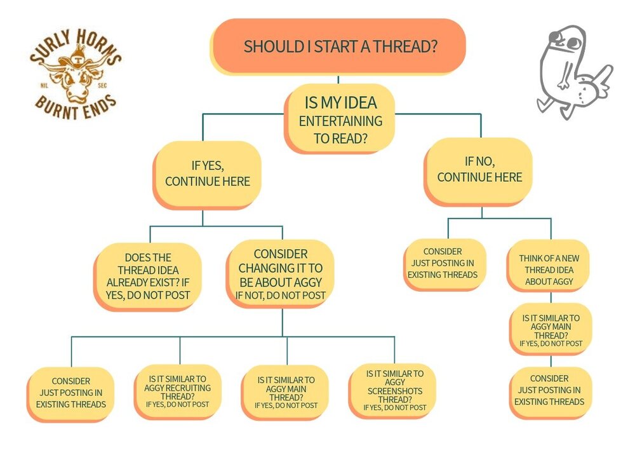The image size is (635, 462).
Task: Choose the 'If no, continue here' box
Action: click(x=479, y=170)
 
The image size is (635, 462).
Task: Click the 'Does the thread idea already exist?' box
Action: click(x=149, y=276)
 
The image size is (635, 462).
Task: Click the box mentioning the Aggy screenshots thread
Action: click(x=395, y=390)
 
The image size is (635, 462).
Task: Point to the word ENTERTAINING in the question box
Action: click(x=341, y=121)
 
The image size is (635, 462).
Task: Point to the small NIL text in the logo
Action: click(x=45, y=81)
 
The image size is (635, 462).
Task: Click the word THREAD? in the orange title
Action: click(x=409, y=47)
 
